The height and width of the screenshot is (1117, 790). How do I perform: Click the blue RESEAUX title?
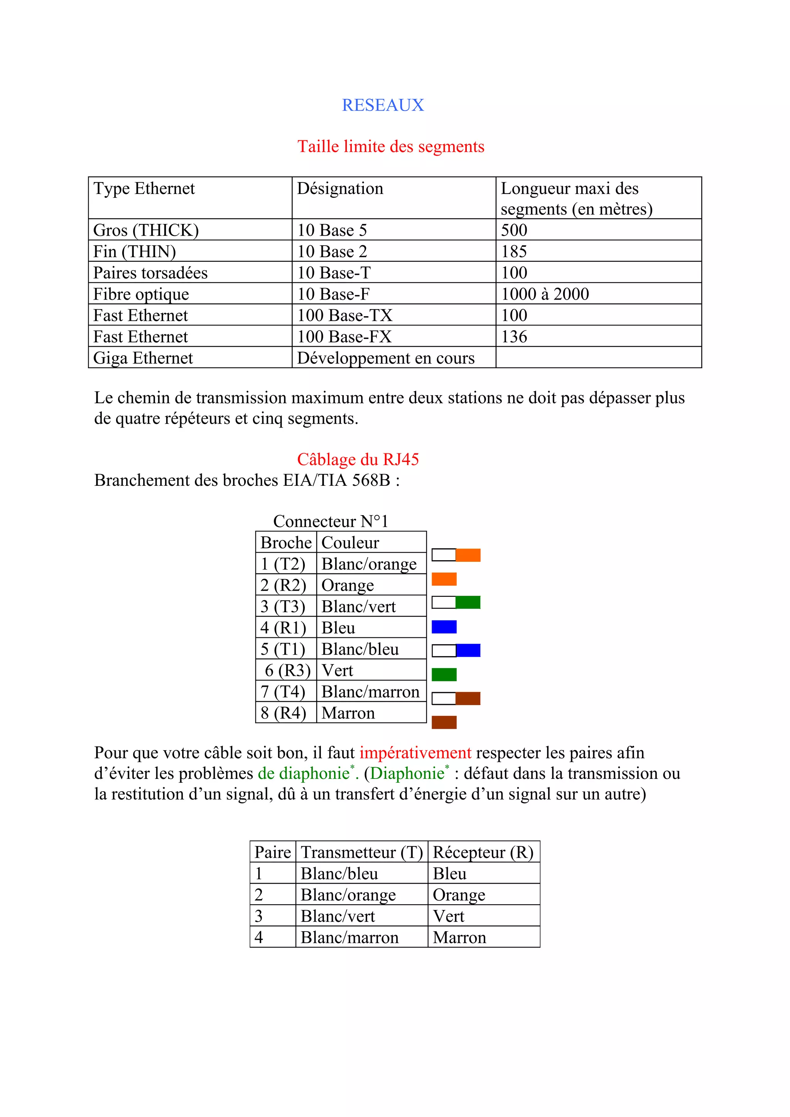click(x=383, y=105)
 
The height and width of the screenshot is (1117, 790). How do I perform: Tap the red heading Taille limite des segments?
click(x=391, y=147)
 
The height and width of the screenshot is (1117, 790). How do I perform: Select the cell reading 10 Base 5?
click(x=332, y=230)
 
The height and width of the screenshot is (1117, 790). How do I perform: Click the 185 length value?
click(x=514, y=251)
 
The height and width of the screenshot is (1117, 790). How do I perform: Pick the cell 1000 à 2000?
click(x=545, y=294)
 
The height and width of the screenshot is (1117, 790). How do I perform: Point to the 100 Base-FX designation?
click(x=344, y=337)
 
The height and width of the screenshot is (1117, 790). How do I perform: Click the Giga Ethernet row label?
click(x=143, y=358)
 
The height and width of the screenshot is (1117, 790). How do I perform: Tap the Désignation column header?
click(x=340, y=189)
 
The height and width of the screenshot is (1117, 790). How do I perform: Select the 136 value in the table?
click(x=514, y=337)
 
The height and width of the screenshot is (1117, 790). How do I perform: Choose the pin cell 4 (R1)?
click(x=283, y=628)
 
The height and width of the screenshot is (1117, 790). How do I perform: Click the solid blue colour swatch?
click(x=444, y=627)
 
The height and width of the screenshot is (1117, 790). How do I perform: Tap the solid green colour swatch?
click(x=444, y=674)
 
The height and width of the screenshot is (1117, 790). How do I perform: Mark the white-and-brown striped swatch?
click(x=456, y=699)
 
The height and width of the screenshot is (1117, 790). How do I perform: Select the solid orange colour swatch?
click(x=444, y=579)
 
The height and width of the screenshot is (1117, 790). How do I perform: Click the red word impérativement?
click(x=415, y=753)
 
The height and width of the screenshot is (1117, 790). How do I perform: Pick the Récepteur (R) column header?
click(x=483, y=852)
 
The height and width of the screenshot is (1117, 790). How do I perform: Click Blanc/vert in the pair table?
click(x=338, y=916)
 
